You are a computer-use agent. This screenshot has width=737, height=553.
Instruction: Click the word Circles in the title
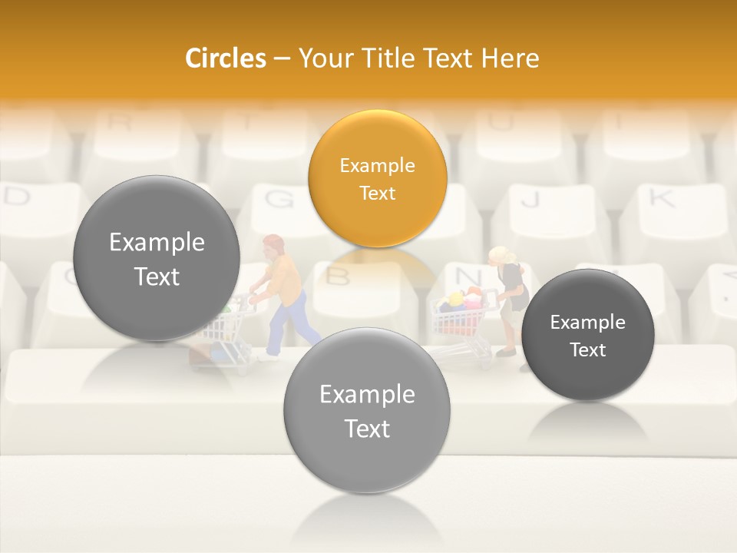[225, 58]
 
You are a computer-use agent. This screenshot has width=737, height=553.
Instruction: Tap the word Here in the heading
[511, 58]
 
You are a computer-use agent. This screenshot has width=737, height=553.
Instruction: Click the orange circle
[377, 178]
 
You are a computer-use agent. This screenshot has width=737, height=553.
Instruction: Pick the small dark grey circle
[587, 335]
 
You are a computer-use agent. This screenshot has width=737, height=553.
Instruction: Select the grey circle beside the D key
[157, 258]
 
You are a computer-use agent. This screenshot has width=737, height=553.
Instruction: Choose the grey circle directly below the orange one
[367, 410]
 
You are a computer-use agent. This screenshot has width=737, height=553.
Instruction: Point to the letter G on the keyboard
[279, 200]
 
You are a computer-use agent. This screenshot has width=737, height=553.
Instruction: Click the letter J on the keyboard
[530, 200]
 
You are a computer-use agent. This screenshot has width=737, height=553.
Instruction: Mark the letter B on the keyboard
[339, 275]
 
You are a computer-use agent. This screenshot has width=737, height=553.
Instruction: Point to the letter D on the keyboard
[17, 197]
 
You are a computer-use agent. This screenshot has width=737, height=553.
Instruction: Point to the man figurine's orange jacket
[286, 280]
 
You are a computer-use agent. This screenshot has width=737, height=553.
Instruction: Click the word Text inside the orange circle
[377, 193]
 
